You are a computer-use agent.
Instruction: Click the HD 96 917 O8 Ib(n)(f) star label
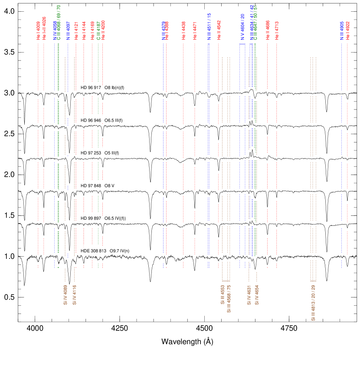click(103, 88)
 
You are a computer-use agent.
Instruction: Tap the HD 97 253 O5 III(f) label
click(100, 153)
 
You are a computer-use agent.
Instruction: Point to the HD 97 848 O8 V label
click(98, 186)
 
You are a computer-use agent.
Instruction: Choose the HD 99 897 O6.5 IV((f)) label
click(103, 218)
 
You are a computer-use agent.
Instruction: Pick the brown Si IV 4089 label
click(65, 295)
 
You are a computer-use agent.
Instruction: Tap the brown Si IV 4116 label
click(75, 295)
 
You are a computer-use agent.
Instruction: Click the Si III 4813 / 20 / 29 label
click(313, 303)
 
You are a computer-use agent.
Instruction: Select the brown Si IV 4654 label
click(257, 295)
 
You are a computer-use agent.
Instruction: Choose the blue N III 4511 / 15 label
click(209, 26)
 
